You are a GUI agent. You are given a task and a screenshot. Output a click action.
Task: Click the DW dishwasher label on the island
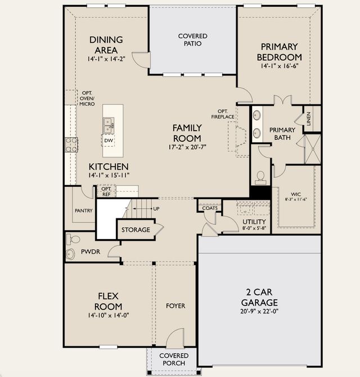(109, 141)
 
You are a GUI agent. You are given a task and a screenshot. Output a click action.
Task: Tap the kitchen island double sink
(109, 125)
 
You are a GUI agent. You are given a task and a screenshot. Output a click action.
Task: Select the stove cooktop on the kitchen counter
(71, 145)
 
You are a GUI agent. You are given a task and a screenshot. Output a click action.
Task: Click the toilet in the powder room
(73, 239)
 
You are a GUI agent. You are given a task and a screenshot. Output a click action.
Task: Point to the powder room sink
(70, 254)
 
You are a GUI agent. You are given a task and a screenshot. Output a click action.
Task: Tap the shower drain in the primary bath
(313, 149)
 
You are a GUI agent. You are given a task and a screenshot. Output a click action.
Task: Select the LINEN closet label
(309, 119)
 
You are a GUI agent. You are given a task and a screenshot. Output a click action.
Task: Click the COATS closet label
(210, 208)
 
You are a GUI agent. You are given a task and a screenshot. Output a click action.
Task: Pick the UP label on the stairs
(156, 209)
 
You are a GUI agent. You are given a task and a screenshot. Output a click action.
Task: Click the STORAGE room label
(136, 230)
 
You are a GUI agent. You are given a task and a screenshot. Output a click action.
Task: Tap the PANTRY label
(84, 210)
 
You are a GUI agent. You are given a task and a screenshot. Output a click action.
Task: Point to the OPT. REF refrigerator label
(106, 192)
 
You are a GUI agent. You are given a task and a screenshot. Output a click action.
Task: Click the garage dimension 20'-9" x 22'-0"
(259, 311)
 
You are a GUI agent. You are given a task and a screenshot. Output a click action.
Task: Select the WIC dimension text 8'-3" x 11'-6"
(296, 199)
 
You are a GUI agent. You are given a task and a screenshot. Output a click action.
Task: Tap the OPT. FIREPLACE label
(223, 114)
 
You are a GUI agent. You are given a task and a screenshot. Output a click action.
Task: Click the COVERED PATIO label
(193, 40)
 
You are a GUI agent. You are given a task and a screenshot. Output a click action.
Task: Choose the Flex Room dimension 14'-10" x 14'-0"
(109, 315)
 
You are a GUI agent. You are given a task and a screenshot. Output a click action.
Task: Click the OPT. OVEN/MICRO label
(87, 98)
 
